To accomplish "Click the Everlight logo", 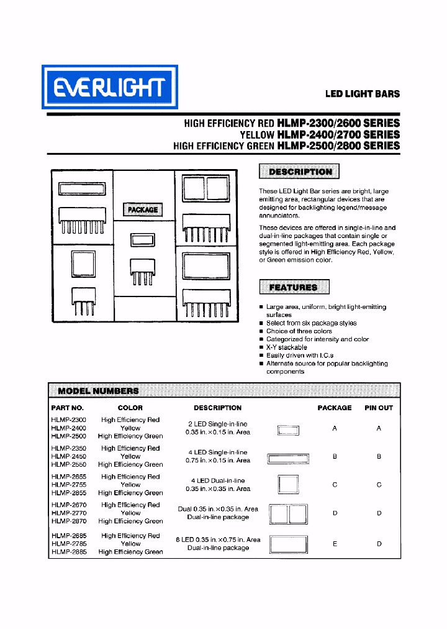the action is tap(109, 87).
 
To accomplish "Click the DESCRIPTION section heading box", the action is tap(299, 172).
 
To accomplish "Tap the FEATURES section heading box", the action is tap(294, 287).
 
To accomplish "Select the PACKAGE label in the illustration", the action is tap(143, 209).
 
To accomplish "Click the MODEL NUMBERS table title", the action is tap(98, 391).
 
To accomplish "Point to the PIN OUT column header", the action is tap(379, 408).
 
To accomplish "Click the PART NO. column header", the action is tap(67, 408).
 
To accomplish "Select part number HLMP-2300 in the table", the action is tap(68, 420).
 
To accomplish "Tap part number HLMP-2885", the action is tap(68, 552).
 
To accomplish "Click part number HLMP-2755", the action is tap(68, 485).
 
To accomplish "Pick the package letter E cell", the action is tap(335, 544).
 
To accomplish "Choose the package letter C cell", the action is tap(335, 485).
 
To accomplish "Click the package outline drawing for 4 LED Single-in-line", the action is tap(288, 459).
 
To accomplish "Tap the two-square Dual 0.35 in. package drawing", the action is tap(288, 514).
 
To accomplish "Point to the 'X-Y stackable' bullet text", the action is tap(286, 347).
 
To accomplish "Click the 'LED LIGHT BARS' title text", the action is tap(363, 94).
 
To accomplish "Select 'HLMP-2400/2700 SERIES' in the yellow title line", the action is tap(338, 134).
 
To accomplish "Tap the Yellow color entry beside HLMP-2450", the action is tap(130, 456).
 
